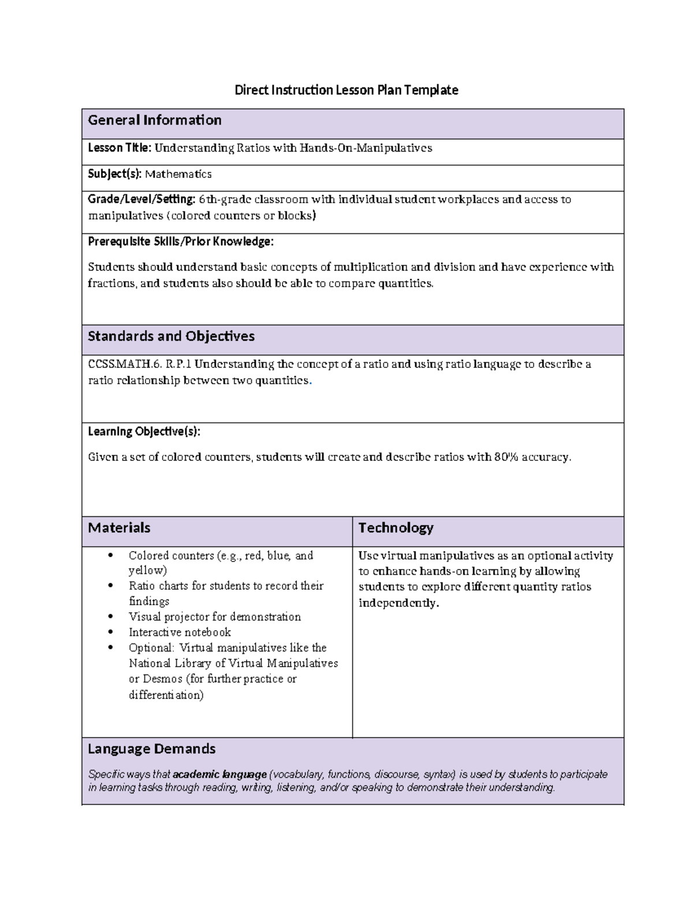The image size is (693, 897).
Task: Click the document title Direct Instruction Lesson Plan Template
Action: coord(346,90)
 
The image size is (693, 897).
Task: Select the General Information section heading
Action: coord(155,120)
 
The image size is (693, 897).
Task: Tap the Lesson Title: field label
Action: coord(120,148)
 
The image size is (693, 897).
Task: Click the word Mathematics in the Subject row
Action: coord(178,174)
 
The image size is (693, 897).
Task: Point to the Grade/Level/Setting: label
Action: coord(141,199)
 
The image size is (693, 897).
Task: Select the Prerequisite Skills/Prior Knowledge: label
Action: coord(181,241)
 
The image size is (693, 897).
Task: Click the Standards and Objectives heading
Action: coord(171,336)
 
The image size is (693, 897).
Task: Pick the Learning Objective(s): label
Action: coord(144,431)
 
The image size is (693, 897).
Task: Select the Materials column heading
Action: coord(119,528)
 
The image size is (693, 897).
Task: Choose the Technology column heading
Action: coord(396,528)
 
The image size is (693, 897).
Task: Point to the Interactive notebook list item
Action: coord(180,632)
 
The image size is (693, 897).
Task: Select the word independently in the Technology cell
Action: coord(398,603)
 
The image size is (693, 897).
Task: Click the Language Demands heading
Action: coord(152,749)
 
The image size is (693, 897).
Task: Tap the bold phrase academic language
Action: coord(219,775)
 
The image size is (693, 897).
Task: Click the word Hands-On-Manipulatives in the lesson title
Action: coord(365,148)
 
